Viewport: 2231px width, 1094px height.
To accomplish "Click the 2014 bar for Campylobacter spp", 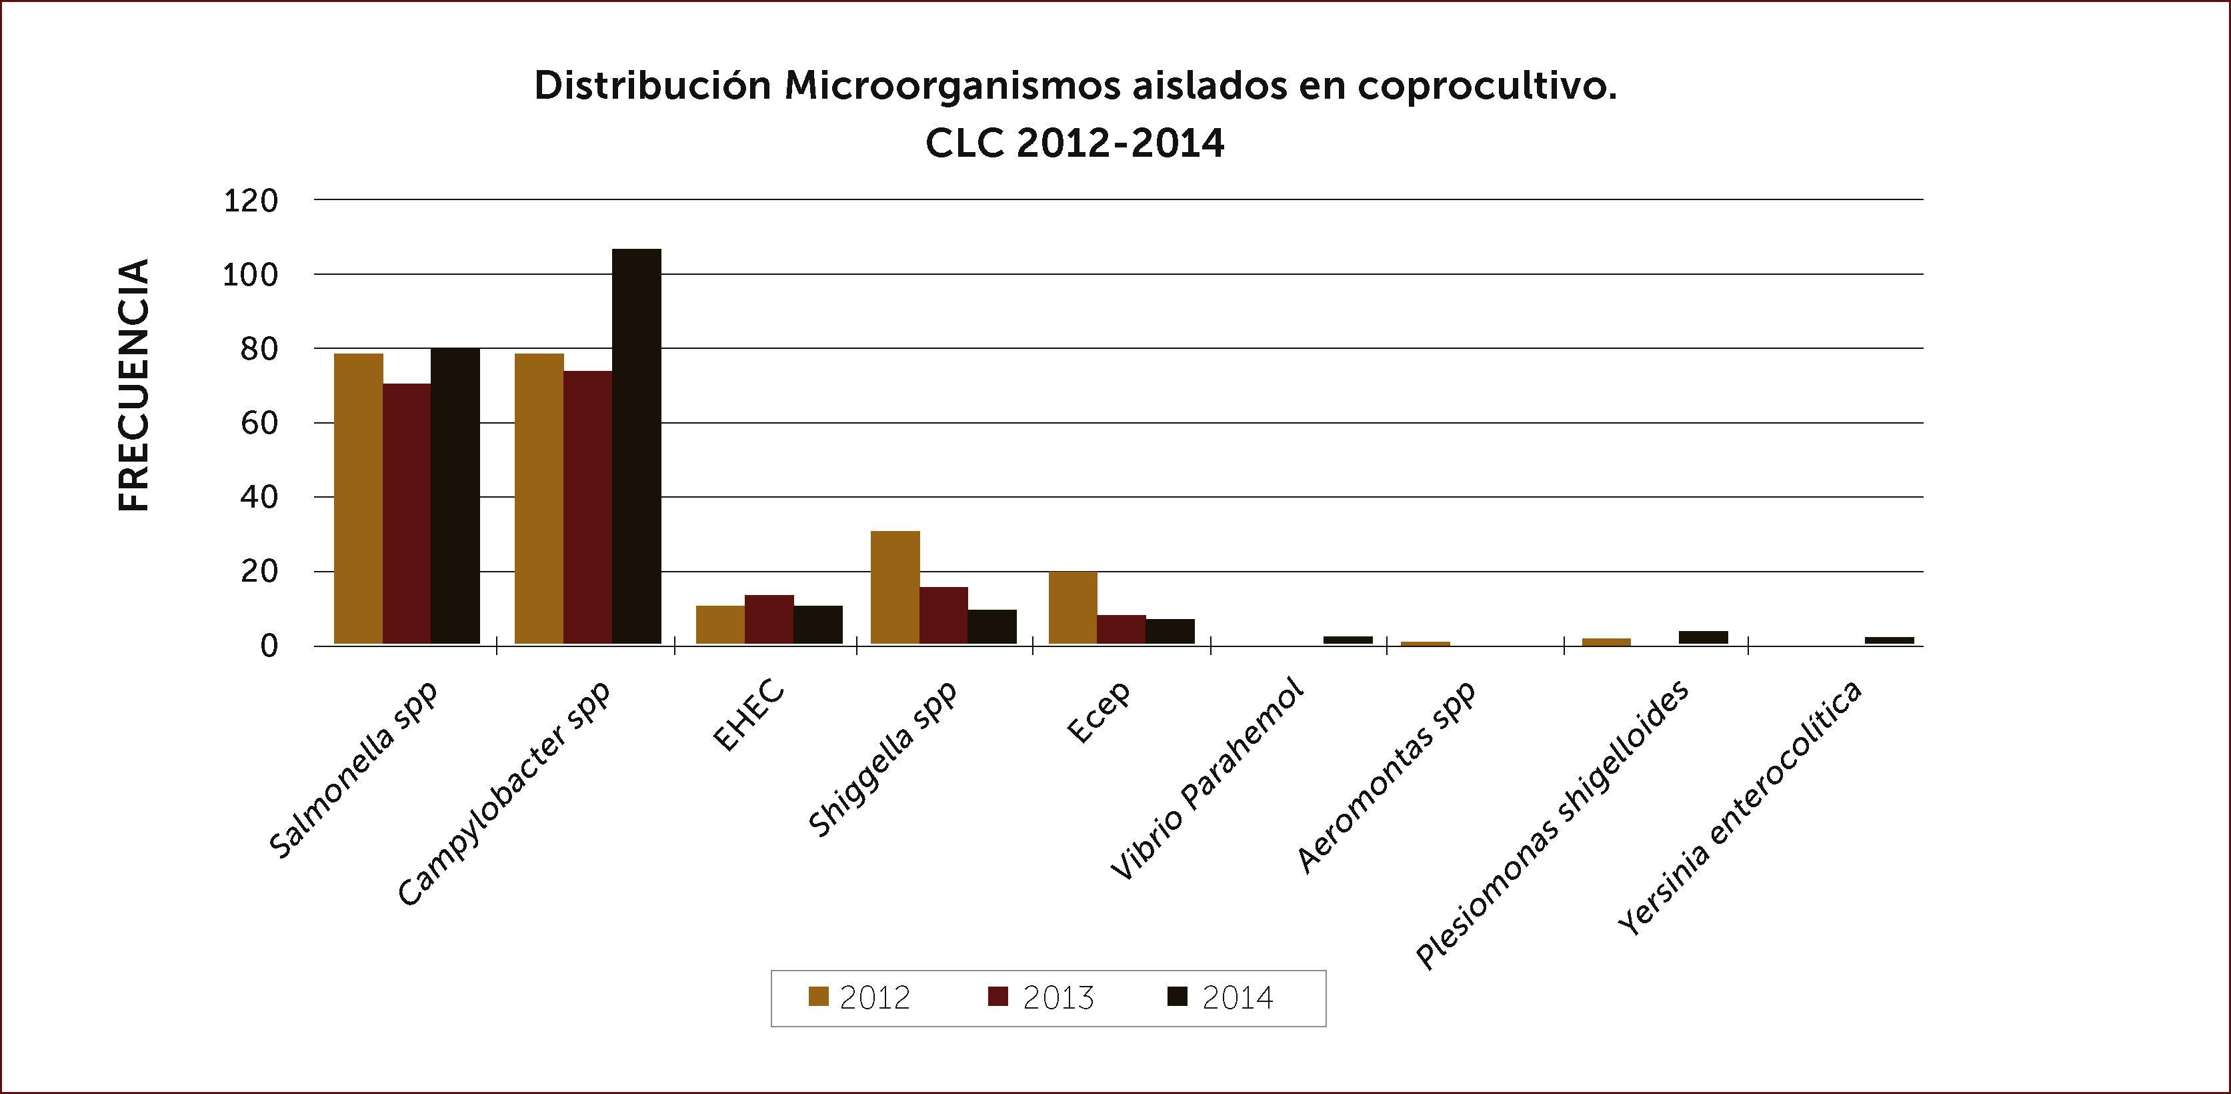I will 637,446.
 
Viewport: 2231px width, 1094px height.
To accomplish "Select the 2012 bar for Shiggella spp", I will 895,587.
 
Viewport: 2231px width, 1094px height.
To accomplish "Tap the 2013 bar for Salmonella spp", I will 407,514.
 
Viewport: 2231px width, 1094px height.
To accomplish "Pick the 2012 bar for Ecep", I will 1072,608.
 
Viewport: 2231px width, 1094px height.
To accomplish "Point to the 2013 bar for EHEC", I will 769,619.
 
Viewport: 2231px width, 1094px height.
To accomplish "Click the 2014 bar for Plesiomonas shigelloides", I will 1703,638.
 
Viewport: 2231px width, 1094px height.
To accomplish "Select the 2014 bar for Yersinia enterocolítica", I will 1889,640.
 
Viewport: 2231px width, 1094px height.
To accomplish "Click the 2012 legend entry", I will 859,998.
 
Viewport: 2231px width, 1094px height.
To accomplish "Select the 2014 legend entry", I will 1221,998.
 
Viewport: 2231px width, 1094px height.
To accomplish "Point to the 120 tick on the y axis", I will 251,201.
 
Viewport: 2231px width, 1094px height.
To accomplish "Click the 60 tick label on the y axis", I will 259,424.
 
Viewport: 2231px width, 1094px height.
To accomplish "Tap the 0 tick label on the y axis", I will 269,646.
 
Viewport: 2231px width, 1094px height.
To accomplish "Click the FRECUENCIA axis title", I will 134,385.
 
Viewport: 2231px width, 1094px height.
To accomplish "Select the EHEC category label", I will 749,716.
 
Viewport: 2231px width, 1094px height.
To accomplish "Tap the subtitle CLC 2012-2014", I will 1075,143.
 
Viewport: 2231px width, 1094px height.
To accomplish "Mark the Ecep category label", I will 1099,712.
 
